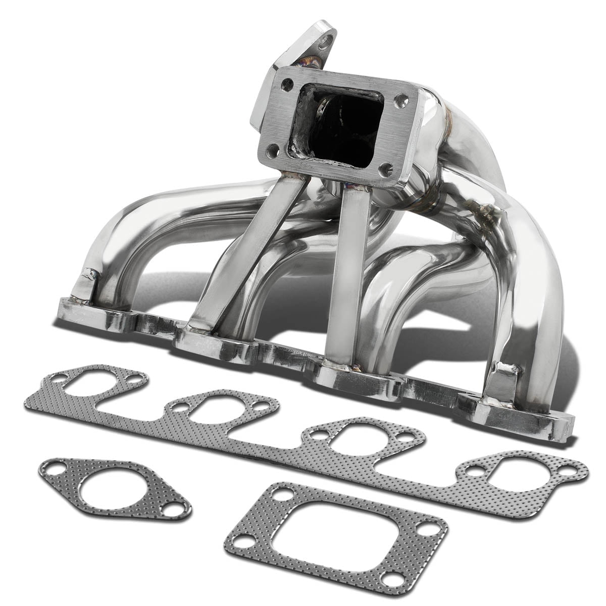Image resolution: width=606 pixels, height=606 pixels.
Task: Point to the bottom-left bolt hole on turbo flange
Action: point(273,149)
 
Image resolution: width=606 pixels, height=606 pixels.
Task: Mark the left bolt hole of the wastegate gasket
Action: point(55,470)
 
